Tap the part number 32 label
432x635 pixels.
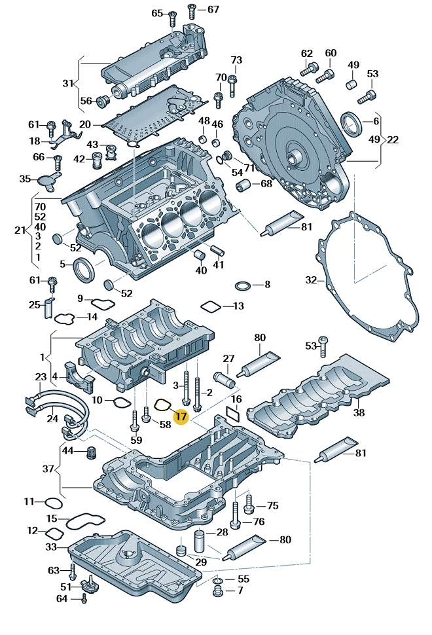point(311,280)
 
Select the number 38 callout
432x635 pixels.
point(358,412)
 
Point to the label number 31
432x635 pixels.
point(68,82)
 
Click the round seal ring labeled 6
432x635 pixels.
point(351,122)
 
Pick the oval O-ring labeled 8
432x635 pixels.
point(242,285)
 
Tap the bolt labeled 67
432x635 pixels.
point(192,12)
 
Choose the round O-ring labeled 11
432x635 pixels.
point(54,503)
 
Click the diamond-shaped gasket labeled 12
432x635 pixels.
point(54,532)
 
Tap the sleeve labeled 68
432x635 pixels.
point(248,185)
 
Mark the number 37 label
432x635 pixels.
point(48,469)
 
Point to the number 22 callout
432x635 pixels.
point(393,139)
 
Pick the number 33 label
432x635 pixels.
point(51,546)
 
